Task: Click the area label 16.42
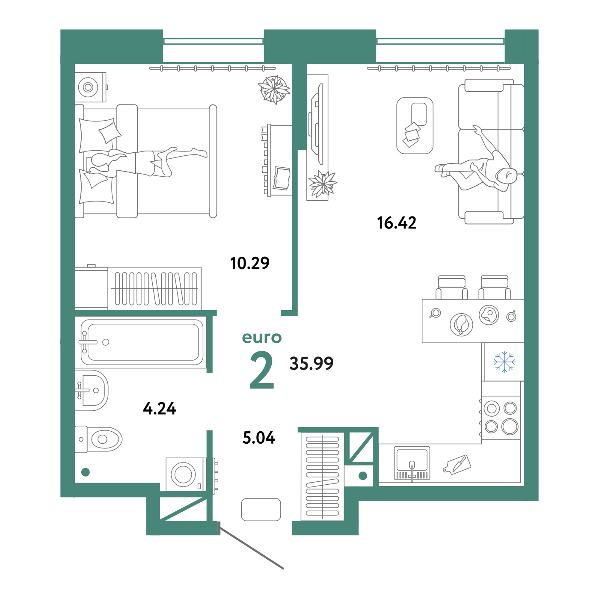click(x=396, y=223)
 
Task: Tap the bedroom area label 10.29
click(x=249, y=263)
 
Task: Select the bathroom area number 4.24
click(x=159, y=409)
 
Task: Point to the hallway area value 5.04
click(x=258, y=438)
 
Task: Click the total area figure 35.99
click(x=311, y=363)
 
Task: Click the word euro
click(x=262, y=337)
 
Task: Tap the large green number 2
click(x=262, y=370)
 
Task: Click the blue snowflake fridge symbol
click(x=504, y=362)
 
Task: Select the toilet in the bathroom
click(x=98, y=439)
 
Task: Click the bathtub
click(x=142, y=342)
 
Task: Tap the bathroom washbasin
click(x=92, y=390)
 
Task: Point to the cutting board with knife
click(x=457, y=465)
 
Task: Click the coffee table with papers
click(x=415, y=126)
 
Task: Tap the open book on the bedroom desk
click(x=282, y=178)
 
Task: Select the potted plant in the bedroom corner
click(x=274, y=90)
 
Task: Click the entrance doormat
click(x=261, y=510)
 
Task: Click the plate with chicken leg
click(x=461, y=324)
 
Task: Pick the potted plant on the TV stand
click(x=322, y=184)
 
